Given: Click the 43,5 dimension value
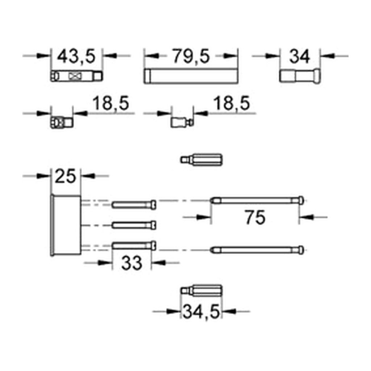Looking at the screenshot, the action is (x=76, y=57).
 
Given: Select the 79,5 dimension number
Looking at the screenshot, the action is (x=191, y=57).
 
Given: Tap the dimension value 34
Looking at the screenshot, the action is (x=300, y=57).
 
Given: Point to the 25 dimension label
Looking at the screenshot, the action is (x=65, y=176).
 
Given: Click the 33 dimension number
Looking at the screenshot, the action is (x=132, y=263).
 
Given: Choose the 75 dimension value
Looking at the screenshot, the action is (x=255, y=217).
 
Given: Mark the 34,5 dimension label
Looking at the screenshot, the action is (x=201, y=312).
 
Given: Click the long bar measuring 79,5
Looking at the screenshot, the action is (x=191, y=76).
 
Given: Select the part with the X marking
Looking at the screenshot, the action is (x=76, y=76).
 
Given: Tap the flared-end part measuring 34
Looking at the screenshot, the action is (x=300, y=76).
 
